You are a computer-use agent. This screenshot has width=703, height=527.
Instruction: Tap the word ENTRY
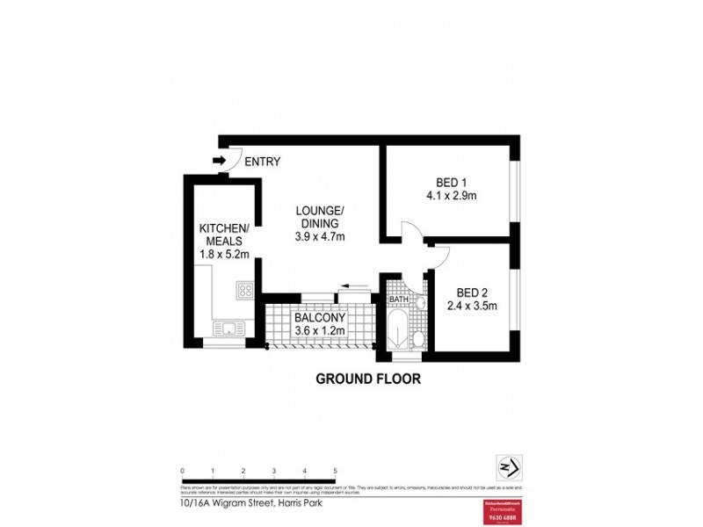coord(263,162)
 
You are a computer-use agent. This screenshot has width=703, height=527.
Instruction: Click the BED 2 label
coord(473,292)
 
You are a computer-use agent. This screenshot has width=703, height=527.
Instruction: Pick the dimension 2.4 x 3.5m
coord(473,307)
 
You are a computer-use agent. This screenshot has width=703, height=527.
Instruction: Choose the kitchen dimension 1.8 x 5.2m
coord(224,255)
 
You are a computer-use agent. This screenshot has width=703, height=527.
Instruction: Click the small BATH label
coord(399,300)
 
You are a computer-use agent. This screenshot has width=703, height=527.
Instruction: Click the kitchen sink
coord(228,329)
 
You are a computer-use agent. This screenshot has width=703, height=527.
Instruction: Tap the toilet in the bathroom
coord(418,338)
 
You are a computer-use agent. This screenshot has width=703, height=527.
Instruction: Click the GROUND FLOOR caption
coord(368,380)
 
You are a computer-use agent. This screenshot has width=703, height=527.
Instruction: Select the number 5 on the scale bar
coord(335,472)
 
